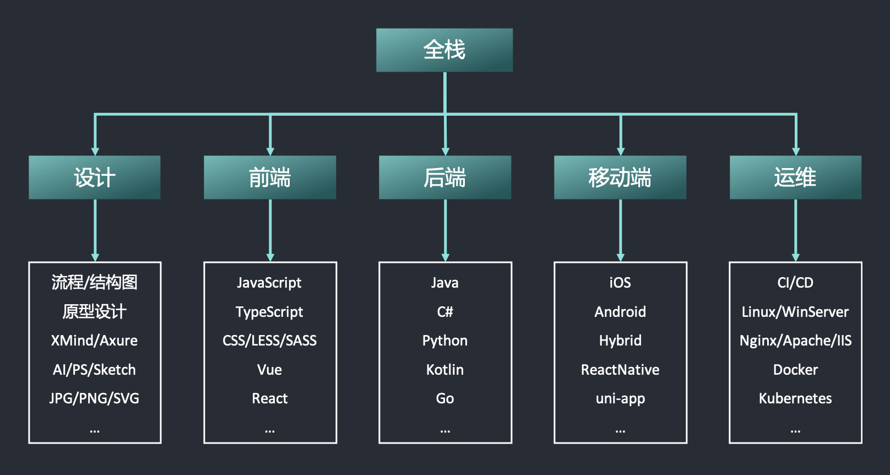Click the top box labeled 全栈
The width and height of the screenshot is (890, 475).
[444, 50]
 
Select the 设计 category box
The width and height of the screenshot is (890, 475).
[95, 177]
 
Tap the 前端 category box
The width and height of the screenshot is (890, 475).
[270, 177]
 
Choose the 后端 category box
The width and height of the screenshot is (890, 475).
[445, 177]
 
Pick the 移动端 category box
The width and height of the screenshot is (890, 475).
[620, 177]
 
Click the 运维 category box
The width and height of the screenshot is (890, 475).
[795, 177]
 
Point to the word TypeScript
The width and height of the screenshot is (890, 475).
[269, 312]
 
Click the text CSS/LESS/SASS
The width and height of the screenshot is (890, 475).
[269, 341]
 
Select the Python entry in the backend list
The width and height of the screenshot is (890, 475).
[445, 341]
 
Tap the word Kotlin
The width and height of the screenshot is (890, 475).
[445, 370]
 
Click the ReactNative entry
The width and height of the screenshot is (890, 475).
[620, 370]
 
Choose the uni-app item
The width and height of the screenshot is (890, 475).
[620, 398]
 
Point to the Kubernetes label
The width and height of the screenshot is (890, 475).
[795, 398]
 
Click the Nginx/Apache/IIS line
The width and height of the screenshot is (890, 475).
[795, 341]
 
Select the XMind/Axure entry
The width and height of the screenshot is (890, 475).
[94, 341]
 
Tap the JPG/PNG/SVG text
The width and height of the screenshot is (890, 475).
[94, 398]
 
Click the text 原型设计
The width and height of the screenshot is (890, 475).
[94, 312]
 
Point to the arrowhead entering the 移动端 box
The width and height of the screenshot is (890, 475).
[621, 151]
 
